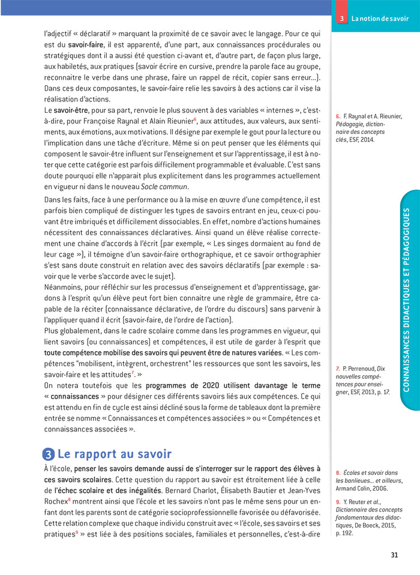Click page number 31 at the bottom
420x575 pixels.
coord(394,555)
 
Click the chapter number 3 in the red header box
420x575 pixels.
coord(341,19)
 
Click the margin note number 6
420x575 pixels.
coord(338,116)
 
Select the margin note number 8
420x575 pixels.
coord(338,473)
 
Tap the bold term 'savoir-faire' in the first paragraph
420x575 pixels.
coord(85,44)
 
